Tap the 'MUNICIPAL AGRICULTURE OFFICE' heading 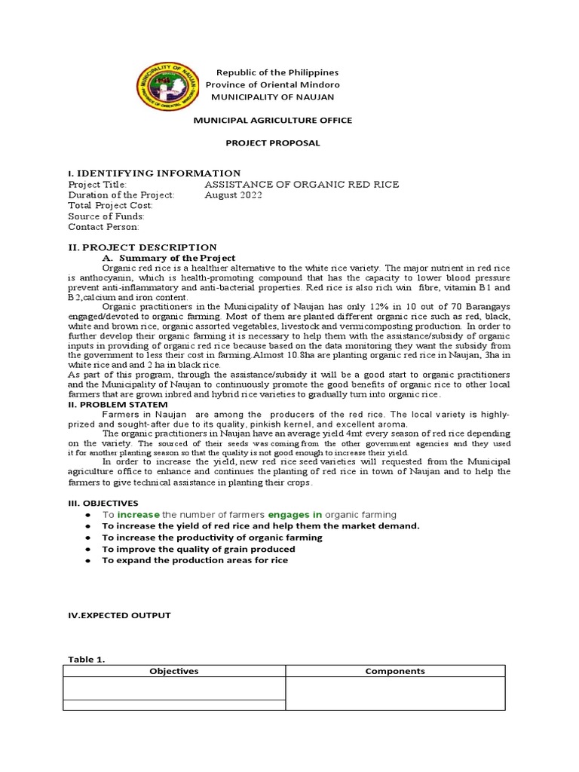[273, 121]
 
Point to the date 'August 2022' [233, 195]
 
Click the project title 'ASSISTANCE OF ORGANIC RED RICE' [302, 184]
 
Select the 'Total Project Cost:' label [110, 205]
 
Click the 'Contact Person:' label [103, 226]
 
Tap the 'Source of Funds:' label [106, 216]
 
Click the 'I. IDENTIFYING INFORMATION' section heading [155, 173]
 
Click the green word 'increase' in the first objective [139, 514]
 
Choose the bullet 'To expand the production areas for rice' [195, 560]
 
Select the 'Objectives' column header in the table [173, 670]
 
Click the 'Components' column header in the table [394, 670]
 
